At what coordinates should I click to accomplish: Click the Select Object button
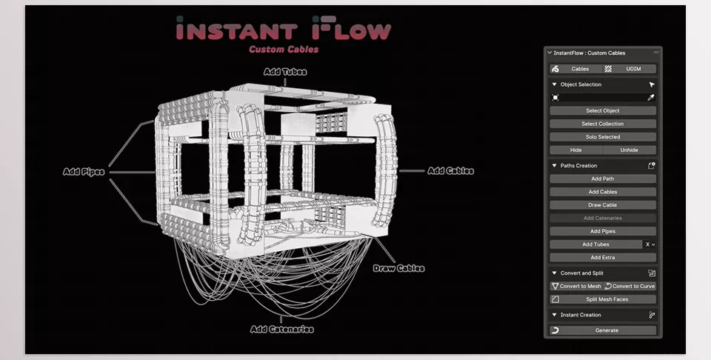(602, 110)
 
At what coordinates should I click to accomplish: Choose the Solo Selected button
(602, 137)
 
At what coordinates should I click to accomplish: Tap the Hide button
(575, 150)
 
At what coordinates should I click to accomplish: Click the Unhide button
(629, 150)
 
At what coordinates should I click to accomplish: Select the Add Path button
(602, 179)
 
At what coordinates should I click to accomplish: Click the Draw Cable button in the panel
(602, 205)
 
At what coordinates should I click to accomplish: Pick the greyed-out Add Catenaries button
(602, 218)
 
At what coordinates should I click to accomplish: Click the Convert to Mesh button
(575, 286)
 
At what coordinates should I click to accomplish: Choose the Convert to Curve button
(630, 286)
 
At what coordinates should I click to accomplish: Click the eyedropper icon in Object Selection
(651, 97)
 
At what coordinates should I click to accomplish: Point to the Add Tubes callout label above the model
(285, 72)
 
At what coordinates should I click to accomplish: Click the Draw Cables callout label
(398, 268)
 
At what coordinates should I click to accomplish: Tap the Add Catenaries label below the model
(281, 329)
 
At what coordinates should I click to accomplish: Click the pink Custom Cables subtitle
(284, 50)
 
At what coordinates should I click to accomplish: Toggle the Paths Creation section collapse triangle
(554, 166)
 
